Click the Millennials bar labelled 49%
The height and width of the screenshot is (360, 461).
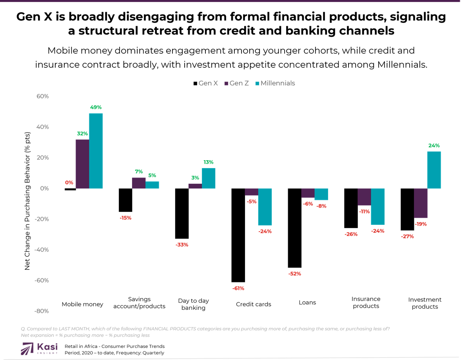point(96,151)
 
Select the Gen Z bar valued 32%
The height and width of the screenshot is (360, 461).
point(82,164)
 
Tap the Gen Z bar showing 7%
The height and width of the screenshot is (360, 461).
point(138,183)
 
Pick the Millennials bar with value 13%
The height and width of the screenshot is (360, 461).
point(209,178)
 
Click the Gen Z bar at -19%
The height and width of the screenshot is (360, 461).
point(421,203)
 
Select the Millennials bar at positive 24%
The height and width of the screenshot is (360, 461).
point(434,170)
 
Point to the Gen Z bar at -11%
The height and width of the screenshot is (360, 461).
point(364,197)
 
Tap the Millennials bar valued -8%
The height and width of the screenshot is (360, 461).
point(321,194)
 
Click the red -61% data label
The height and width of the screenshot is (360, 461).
point(238,289)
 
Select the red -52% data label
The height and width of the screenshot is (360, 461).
point(294,274)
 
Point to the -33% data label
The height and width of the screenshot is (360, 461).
point(182,245)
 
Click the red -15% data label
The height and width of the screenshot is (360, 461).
point(125,218)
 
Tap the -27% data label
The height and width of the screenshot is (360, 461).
point(407,237)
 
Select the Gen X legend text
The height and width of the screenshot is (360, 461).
point(208,83)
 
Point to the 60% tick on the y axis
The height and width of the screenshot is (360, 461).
point(41,96)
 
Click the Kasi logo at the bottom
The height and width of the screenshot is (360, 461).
point(39,347)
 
